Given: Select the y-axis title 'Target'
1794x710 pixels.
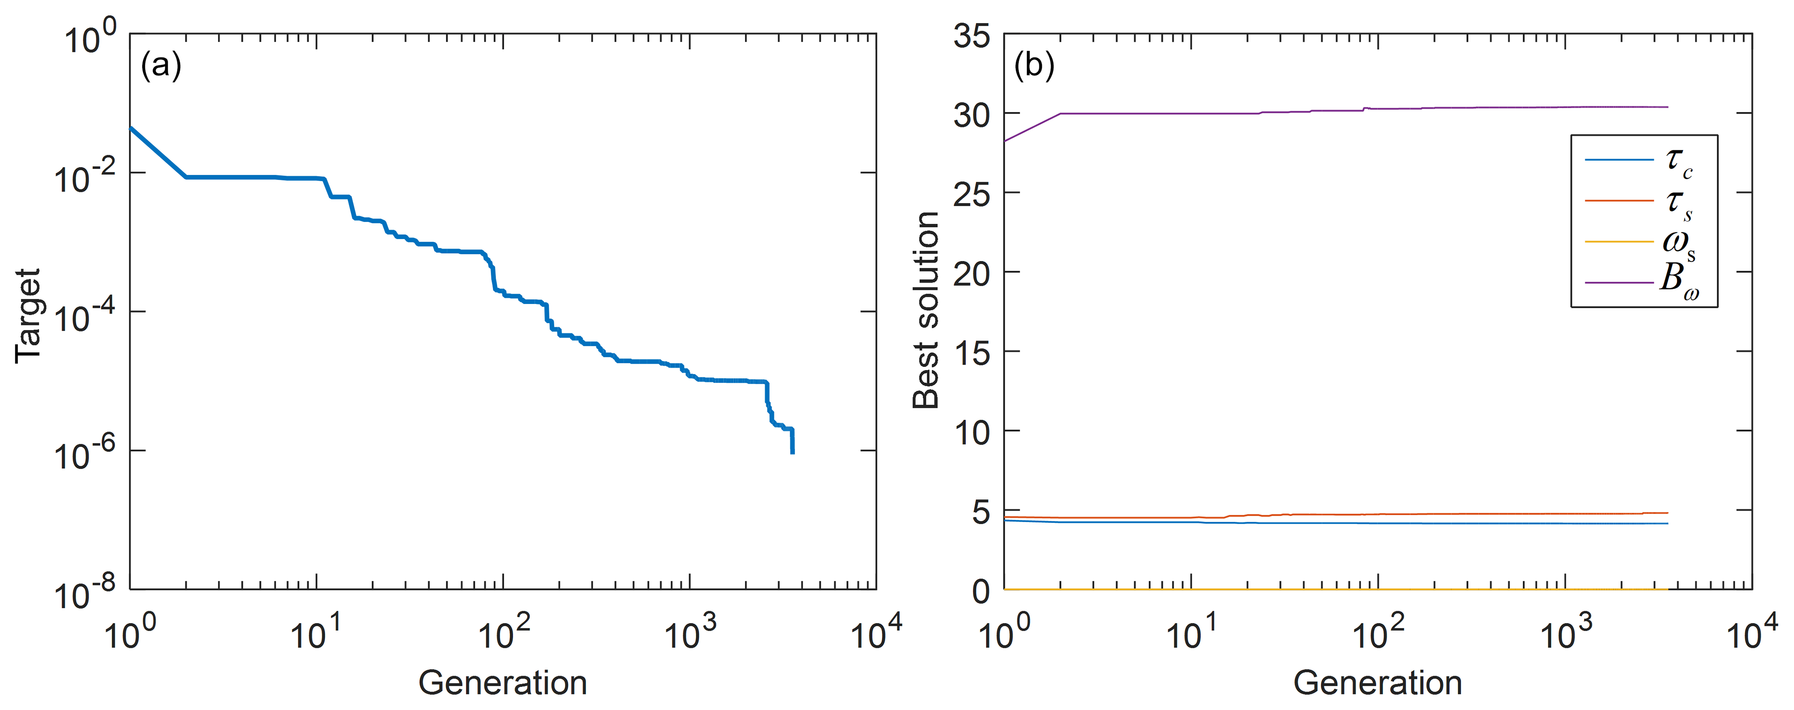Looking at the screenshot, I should point(28,316).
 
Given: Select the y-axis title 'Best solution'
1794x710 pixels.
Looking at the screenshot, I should point(926,310).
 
